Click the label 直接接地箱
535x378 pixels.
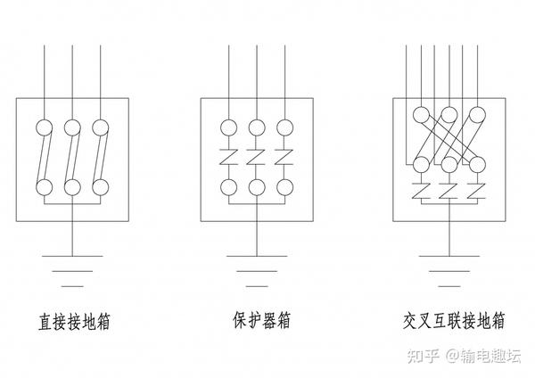(74, 322)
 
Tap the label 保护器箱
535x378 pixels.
(261, 320)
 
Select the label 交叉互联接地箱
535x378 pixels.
(454, 321)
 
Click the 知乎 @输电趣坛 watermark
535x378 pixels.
(464, 356)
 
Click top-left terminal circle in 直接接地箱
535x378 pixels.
(45, 128)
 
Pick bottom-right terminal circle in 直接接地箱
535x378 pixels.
(101, 187)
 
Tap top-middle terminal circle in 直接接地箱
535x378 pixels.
(72, 128)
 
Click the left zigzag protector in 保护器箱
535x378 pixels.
(228, 157)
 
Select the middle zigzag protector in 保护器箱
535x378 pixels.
(257, 157)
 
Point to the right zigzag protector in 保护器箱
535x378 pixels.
(284, 157)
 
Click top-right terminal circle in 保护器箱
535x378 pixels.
(285, 128)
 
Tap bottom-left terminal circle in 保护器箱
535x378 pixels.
(228, 187)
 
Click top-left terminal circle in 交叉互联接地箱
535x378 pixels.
(422, 115)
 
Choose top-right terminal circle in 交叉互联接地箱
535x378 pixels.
(477, 115)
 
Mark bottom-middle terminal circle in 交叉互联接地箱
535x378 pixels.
(449, 165)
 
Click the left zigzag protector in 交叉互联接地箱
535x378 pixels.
(422, 191)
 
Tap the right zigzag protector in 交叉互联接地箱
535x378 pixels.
(477, 191)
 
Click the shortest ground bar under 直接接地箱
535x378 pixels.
(72, 286)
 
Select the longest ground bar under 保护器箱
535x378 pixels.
(257, 256)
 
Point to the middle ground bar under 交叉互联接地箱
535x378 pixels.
(449, 271)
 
